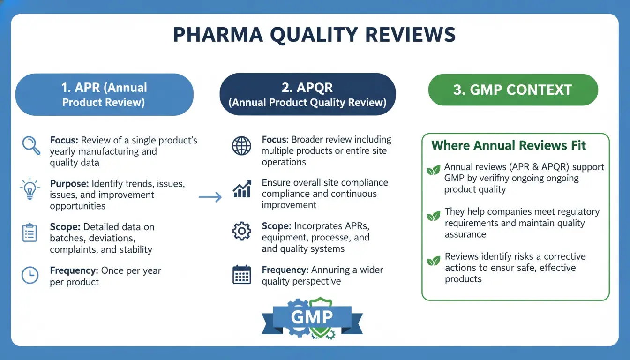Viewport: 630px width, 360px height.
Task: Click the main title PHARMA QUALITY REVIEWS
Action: click(315, 36)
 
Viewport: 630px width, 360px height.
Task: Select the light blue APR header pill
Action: click(105, 94)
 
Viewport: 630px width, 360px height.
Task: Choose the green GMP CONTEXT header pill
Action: click(513, 90)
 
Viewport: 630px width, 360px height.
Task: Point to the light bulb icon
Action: click(30, 189)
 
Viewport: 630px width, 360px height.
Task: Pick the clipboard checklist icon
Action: click(30, 233)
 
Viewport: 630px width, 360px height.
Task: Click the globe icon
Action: click(241, 146)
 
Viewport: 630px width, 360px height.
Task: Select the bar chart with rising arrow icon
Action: click(241, 188)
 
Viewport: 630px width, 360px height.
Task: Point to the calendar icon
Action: click(241, 275)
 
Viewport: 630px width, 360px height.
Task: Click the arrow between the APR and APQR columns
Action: click(210, 197)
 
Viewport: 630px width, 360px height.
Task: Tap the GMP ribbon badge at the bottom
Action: click(312, 318)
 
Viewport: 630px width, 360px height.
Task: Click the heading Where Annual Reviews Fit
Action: click(509, 145)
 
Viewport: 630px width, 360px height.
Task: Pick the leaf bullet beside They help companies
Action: click(433, 216)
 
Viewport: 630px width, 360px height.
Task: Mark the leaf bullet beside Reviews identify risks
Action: click(433, 260)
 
